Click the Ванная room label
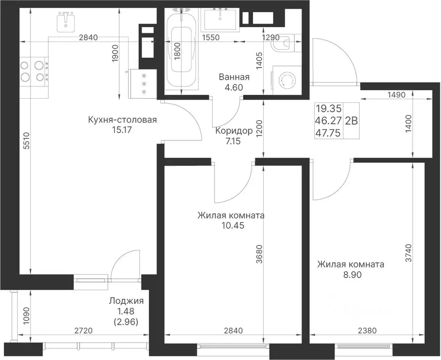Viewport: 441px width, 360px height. tap(234, 77)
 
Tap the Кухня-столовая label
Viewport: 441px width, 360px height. tap(122, 120)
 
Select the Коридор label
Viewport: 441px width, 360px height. tap(234, 131)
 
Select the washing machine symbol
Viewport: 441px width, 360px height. tap(285, 81)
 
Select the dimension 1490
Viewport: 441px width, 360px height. tap(396, 95)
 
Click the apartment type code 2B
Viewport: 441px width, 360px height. tap(351, 121)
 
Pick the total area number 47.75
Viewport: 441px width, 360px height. tap(328, 132)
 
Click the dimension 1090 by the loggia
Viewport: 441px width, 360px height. tap(26, 315)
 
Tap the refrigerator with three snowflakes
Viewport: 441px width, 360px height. tap(144, 84)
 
